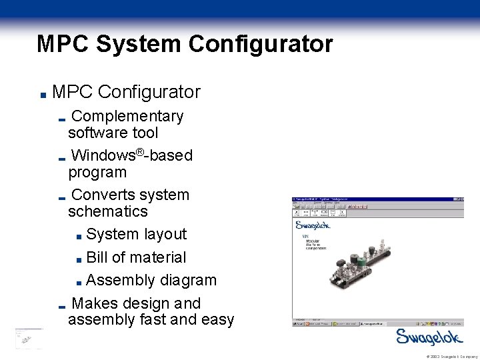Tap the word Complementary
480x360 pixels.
pyautogui.click(x=127, y=116)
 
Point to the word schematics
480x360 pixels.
pyautogui.click(x=107, y=211)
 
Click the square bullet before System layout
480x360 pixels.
pyautogui.click(x=79, y=235)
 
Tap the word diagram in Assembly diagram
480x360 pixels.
pyautogui.click(x=188, y=280)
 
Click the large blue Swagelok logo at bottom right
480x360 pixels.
pyautogui.click(x=427, y=337)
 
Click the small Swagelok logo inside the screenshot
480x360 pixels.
pyautogui.click(x=313, y=225)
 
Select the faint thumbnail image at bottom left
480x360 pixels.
pyautogui.click(x=28, y=339)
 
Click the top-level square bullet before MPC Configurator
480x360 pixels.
pyautogui.click(x=41, y=93)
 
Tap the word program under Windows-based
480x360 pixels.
pyautogui.click(x=97, y=172)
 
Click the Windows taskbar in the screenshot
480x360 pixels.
pyautogui.click(x=378, y=323)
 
